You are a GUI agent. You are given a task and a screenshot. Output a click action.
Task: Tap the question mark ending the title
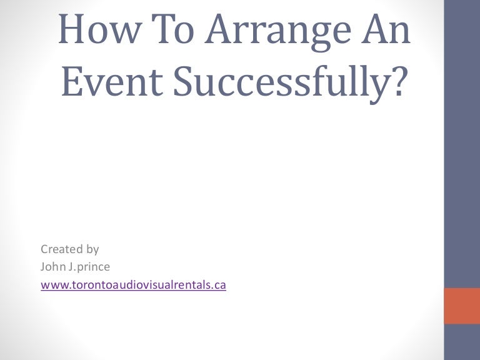point(391,84)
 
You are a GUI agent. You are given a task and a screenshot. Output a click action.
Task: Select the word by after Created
point(92,250)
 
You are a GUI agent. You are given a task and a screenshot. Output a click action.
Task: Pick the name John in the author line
point(52,267)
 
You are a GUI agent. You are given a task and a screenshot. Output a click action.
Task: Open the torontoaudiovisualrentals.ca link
point(133,285)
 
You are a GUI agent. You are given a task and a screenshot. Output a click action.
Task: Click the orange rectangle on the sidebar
point(461,306)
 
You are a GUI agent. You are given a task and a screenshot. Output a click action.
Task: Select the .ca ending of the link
point(219,285)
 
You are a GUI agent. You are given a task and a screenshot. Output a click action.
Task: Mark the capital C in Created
point(44,249)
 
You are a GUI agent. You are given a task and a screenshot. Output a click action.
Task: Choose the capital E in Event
point(71,84)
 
